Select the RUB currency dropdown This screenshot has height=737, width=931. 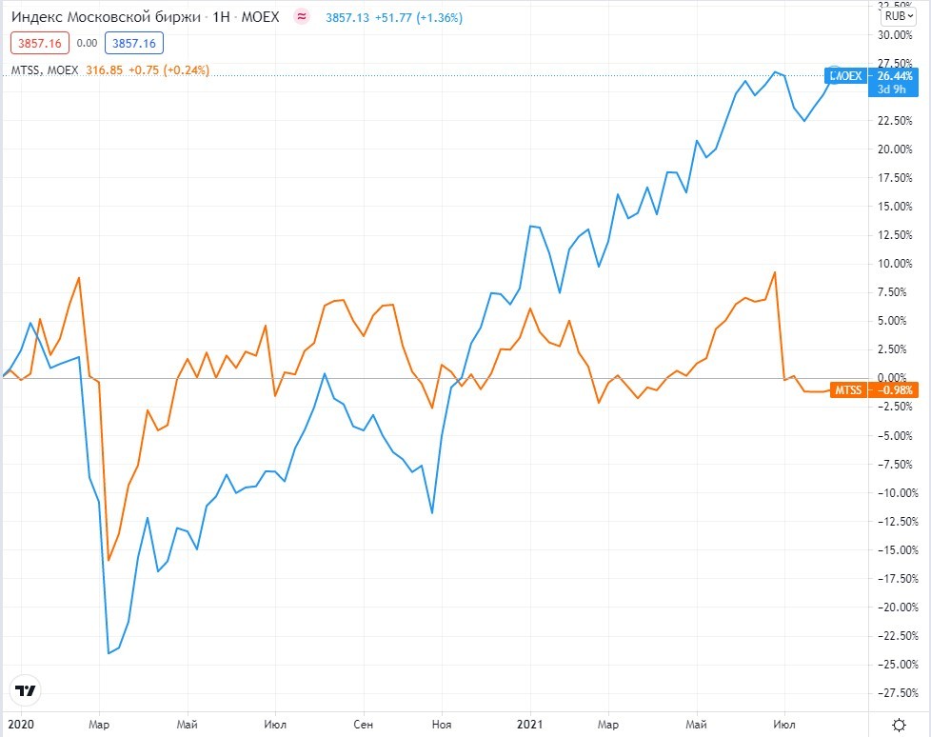click(x=898, y=15)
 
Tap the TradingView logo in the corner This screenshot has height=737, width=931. click(x=25, y=690)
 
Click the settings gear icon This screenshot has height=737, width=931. click(x=900, y=723)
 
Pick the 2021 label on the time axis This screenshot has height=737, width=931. click(x=529, y=724)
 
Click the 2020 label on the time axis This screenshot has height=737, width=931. click(x=18, y=724)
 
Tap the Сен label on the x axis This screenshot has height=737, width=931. click(x=362, y=724)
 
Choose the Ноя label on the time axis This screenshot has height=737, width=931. click(x=442, y=724)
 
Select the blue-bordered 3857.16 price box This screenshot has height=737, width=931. click(x=135, y=43)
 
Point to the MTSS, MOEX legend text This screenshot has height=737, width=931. click(x=45, y=70)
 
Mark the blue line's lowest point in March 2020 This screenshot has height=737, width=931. click(x=109, y=653)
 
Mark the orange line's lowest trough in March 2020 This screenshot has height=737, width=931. click(x=109, y=560)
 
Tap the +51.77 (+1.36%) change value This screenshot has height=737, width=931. click(x=421, y=16)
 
